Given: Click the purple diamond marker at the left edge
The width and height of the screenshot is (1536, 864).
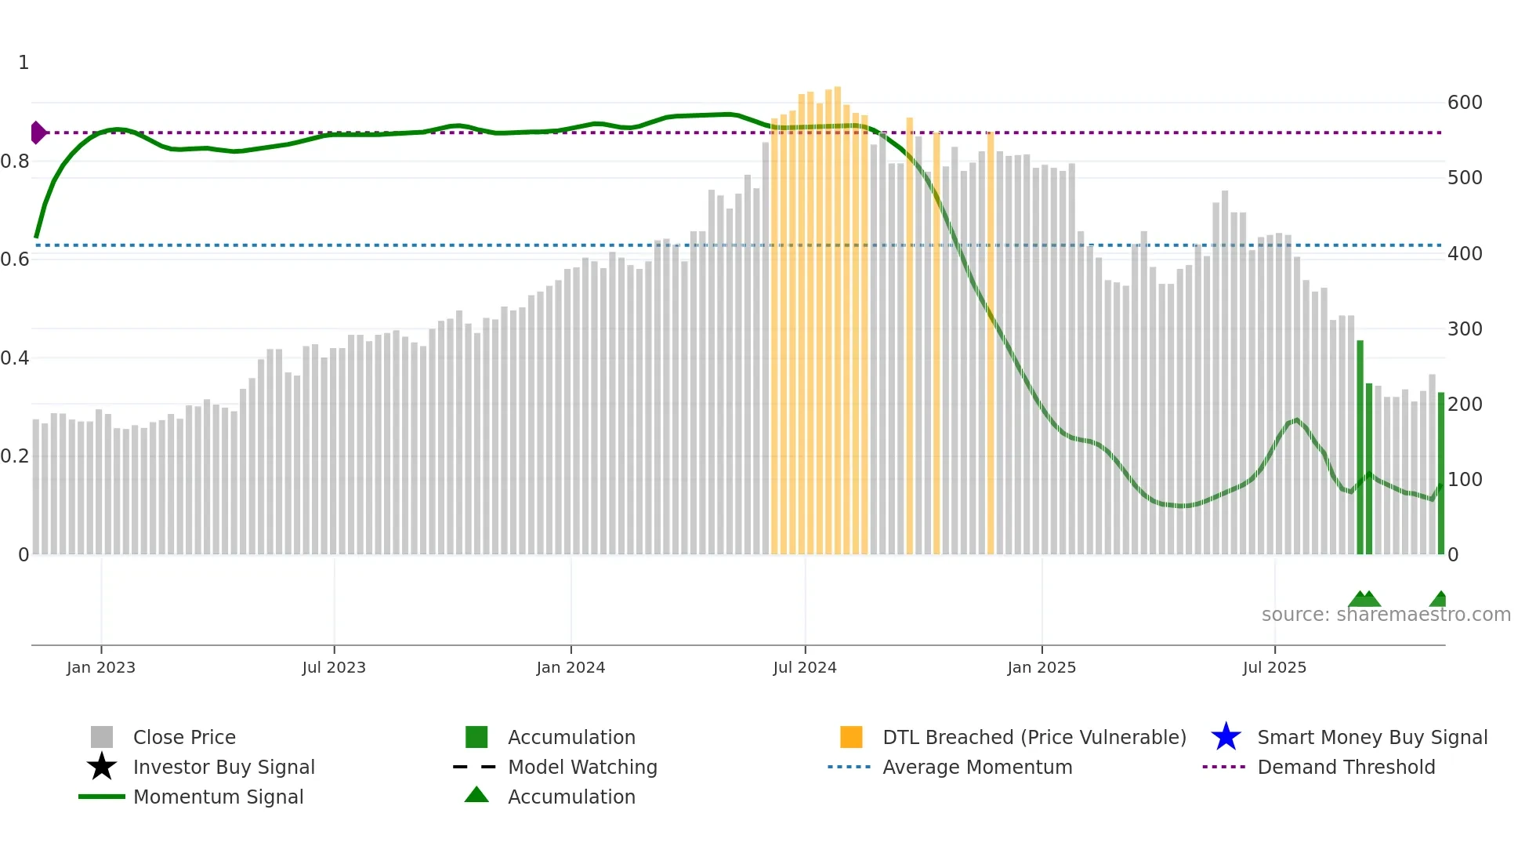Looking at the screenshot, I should pos(38,133).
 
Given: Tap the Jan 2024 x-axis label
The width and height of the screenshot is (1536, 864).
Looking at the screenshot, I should pos(571,667).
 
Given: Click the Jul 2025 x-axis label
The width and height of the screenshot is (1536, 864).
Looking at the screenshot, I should pos(1274,667).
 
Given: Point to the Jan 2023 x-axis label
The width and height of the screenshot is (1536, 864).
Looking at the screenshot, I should pos(101,667).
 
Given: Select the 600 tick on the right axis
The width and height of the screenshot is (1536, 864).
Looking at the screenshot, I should pos(1464,103).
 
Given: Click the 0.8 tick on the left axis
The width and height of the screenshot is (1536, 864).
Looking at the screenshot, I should pos(15,162).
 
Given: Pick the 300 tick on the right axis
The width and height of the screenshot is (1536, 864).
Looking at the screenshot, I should pos(1464,329).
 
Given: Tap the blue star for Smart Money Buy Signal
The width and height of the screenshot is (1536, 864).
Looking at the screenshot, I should pos(1226,737).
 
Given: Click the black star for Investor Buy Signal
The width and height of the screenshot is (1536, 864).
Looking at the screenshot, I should pos(102,767).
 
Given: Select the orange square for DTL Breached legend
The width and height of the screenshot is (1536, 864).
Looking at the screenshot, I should pos(851,737).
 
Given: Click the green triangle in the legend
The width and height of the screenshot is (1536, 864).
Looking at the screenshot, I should pos(476,795).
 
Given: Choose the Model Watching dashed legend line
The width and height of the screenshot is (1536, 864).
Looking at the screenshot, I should pos(475,767).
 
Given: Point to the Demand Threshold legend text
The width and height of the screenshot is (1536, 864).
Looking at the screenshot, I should pos(1346,767).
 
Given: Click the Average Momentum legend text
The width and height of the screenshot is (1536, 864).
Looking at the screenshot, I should pos(976,767).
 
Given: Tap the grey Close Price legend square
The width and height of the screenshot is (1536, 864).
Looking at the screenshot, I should pos(102,737).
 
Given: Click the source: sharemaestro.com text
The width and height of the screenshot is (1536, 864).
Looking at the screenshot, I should pos(1386,614).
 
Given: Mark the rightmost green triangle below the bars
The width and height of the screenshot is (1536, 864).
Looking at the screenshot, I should pos(1440,600).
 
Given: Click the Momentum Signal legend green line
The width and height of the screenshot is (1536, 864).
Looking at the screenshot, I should pos(102,797).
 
